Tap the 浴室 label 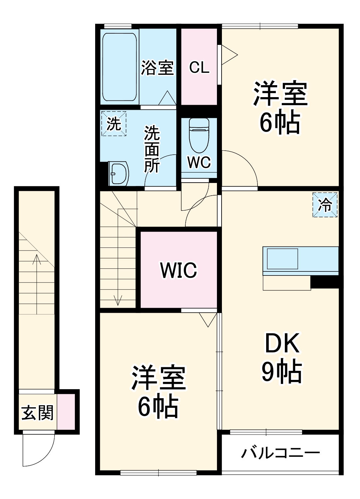157,68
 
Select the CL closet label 199,68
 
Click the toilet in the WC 199,135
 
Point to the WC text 199,162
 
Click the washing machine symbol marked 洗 114,124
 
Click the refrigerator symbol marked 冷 325,205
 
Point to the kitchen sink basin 282,259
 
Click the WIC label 179,270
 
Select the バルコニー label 280,453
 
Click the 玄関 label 37,413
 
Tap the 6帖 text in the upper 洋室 280,122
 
